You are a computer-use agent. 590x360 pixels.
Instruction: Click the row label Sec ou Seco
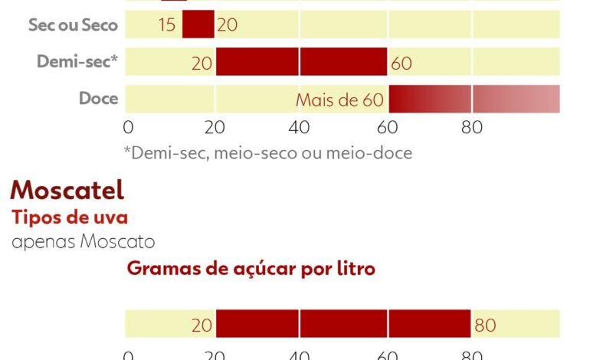click(x=73, y=25)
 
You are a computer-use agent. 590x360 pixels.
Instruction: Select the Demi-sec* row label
click(x=77, y=61)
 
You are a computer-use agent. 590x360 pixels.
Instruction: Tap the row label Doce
click(x=98, y=98)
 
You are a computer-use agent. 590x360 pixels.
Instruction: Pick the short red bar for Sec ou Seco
click(x=198, y=25)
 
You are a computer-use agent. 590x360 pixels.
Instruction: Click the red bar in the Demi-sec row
click(x=302, y=61)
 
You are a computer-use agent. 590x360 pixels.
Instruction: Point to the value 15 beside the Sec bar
click(x=167, y=25)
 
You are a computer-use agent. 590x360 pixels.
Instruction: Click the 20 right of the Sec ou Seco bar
click(x=228, y=25)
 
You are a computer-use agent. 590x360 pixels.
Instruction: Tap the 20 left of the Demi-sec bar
click(x=202, y=63)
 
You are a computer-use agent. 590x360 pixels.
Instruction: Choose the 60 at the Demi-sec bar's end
click(x=402, y=63)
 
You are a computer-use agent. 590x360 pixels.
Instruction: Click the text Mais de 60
click(x=339, y=100)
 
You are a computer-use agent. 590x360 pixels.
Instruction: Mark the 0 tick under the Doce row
click(x=128, y=126)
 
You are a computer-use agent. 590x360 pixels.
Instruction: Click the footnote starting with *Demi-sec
click(x=267, y=152)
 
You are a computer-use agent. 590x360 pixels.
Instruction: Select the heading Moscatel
click(x=67, y=189)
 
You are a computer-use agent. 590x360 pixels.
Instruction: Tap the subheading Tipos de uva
click(x=69, y=217)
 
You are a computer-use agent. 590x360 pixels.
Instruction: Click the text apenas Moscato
click(x=84, y=242)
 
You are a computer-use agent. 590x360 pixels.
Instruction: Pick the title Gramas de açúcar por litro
click(x=251, y=269)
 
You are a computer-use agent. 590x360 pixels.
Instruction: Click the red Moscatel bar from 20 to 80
click(x=343, y=324)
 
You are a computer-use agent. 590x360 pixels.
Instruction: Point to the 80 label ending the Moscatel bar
click(x=485, y=325)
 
